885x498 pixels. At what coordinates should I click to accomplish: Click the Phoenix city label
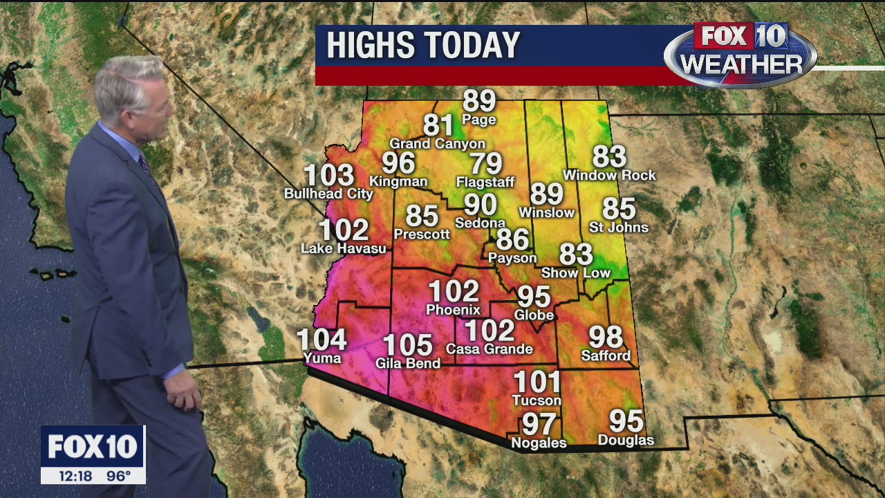(x=453, y=310)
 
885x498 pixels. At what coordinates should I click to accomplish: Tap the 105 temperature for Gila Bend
(x=407, y=345)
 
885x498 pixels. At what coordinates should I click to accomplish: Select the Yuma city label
(x=322, y=358)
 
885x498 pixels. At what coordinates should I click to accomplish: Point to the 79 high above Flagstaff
(x=485, y=164)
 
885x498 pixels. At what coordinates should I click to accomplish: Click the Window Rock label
(x=609, y=176)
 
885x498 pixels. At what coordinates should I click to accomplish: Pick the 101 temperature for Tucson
(x=537, y=382)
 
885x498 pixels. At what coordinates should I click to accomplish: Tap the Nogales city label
(x=538, y=443)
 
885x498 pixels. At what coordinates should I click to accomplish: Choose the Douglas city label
(x=625, y=440)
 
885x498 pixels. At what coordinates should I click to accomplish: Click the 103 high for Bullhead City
(x=329, y=176)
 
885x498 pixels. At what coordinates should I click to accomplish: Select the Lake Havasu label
(x=343, y=248)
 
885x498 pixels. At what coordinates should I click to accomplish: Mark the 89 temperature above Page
(x=479, y=101)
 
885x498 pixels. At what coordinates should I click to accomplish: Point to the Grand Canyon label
(x=437, y=144)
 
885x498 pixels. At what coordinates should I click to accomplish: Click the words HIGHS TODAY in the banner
(x=422, y=46)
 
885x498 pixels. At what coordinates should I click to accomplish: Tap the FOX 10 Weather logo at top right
(x=740, y=52)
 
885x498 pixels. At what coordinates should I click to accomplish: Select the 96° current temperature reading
(x=118, y=476)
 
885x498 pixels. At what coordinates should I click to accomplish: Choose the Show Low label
(x=575, y=273)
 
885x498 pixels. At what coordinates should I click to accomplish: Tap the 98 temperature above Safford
(x=606, y=337)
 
